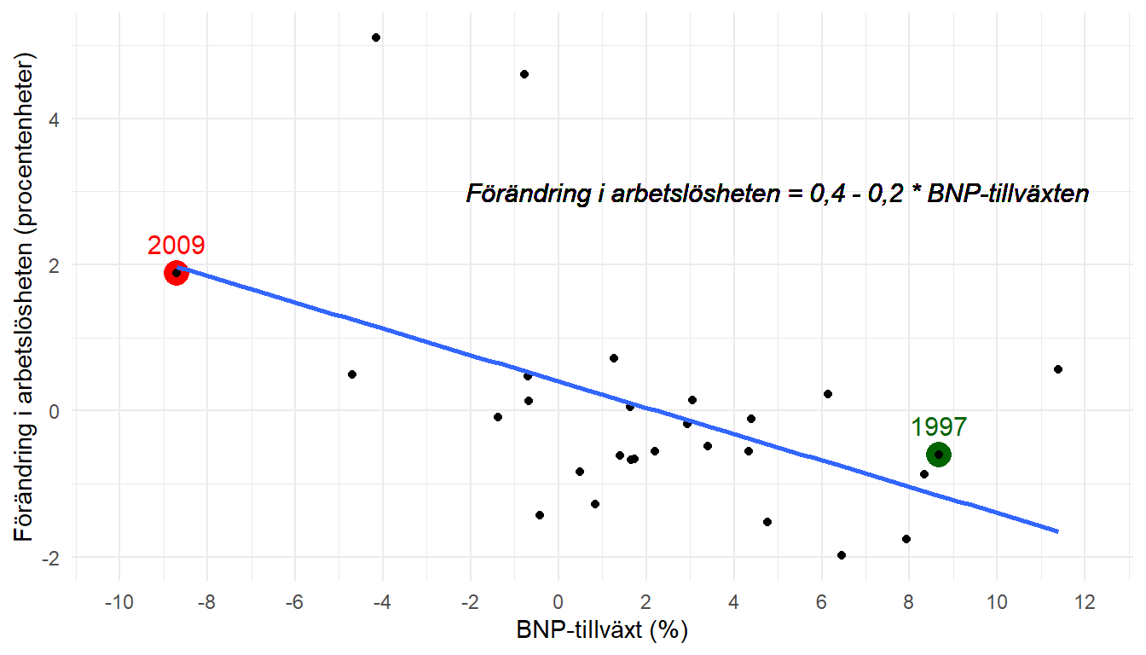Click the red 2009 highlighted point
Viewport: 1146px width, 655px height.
[x=176, y=273]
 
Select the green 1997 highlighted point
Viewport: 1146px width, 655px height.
[x=939, y=454]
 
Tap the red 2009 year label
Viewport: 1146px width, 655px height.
[x=176, y=246]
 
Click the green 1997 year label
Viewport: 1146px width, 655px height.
[x=939, y=426]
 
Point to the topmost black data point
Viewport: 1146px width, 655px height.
[x=376, y=38]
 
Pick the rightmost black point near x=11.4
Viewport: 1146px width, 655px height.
[x=1057, y=369]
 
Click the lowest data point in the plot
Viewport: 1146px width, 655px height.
[x=842, y=555]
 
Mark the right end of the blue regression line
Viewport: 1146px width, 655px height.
[x=1057, y=531]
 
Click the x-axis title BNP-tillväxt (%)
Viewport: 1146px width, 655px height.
[x=602, y=631]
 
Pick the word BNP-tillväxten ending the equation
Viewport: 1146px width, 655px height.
[x=1008, y=194]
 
